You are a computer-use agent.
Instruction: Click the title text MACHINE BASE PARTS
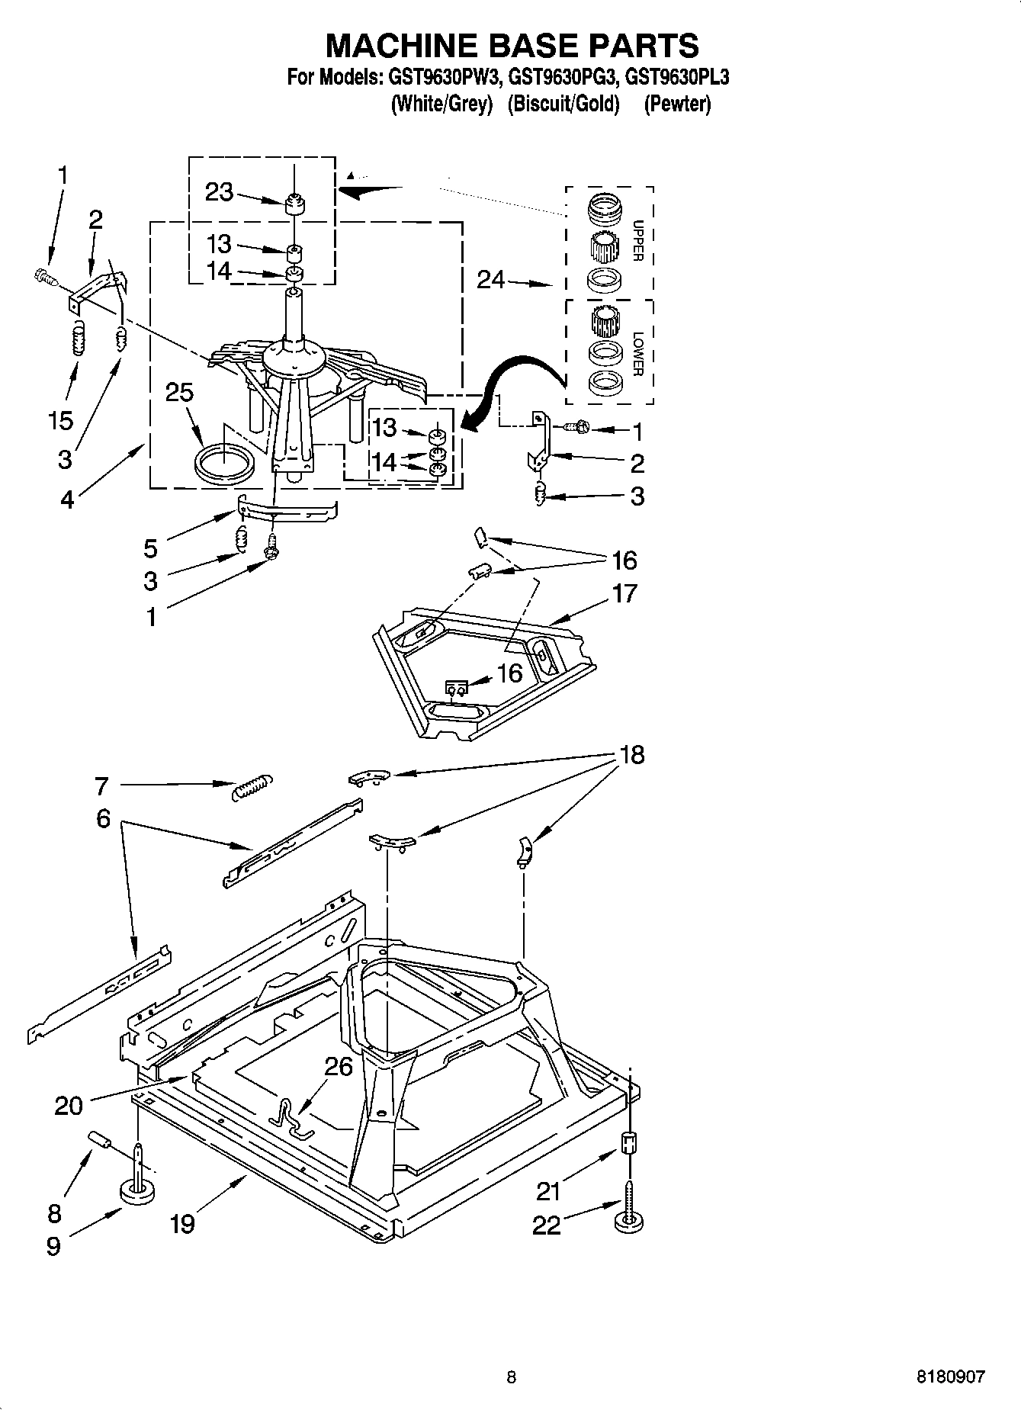coord(512,46)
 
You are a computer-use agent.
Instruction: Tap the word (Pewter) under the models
coord(677,104)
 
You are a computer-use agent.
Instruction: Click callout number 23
coord(219,191)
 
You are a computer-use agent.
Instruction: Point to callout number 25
coord(179,392)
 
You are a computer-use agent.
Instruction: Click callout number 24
coord(490,281)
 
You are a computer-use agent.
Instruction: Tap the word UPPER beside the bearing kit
coord(638,241)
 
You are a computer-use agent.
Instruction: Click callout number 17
coord(624,593)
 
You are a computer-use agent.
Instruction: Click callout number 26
coord(338,1065)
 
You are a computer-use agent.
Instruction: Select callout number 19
coord(182,1223)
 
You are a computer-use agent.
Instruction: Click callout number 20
coord(69,1104)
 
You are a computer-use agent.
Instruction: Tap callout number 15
coord(61,420)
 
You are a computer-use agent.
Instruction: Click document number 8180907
coord(950,1376)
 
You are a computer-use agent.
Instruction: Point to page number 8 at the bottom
coord(511,1376)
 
